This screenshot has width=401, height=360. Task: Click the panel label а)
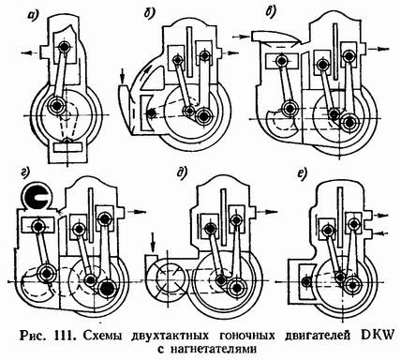click(33, 14)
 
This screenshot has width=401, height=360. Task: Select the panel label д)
click(181, 172)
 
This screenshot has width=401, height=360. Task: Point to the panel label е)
click(302, 174)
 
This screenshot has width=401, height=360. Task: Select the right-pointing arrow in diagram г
click(138, 212)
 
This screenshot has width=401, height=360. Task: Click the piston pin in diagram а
click(65, 47)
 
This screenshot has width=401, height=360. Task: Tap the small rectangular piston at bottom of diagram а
click(67, 147)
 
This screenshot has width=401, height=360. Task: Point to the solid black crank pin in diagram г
click(107, 287)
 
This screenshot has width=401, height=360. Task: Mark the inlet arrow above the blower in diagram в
click(243, 37)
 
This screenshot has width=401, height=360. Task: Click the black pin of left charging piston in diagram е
click(306, 281)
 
